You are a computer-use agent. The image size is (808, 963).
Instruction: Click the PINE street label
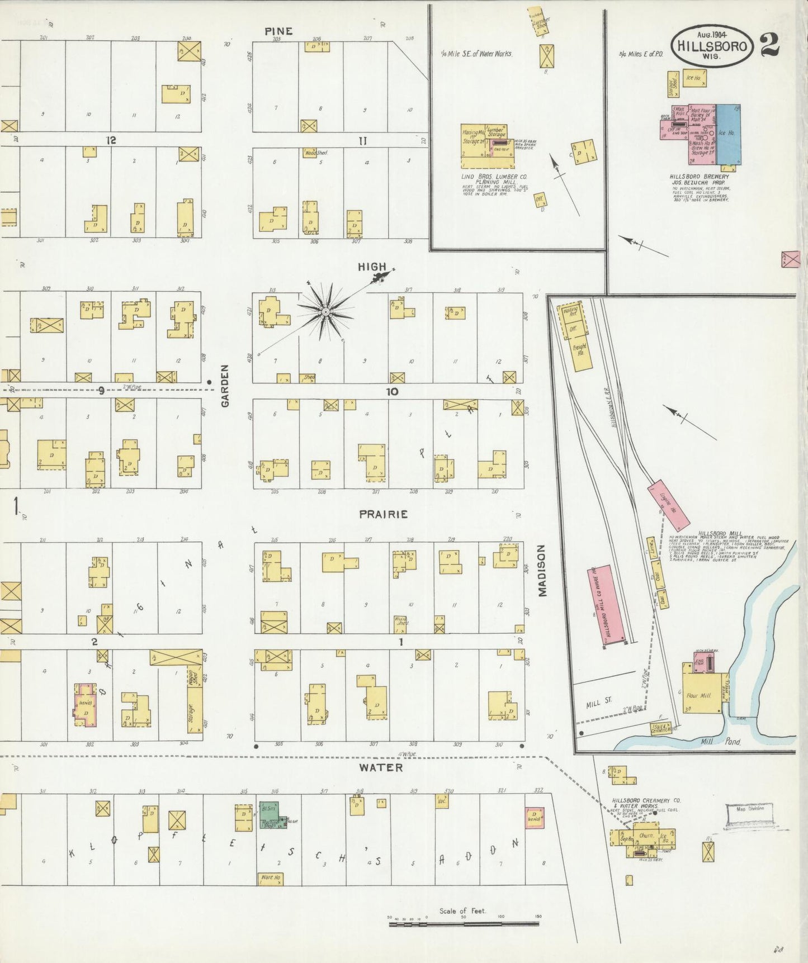[278, 31]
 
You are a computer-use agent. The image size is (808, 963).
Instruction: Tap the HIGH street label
[372, 267]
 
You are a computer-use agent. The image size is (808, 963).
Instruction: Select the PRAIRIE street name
[384, 514]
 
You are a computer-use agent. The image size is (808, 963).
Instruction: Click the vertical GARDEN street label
[225, 386]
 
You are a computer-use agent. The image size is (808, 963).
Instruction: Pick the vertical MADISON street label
[542, 571]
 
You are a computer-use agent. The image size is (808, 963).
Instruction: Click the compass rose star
[325, 311]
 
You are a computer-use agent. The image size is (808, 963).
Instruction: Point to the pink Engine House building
[668, 505]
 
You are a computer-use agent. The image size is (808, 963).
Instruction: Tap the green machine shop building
[272, 816]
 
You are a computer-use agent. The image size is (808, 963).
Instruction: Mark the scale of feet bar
[464, 924]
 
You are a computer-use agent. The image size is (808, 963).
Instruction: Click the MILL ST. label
[599, 705]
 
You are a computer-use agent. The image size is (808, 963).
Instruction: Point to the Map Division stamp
[749, 815]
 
